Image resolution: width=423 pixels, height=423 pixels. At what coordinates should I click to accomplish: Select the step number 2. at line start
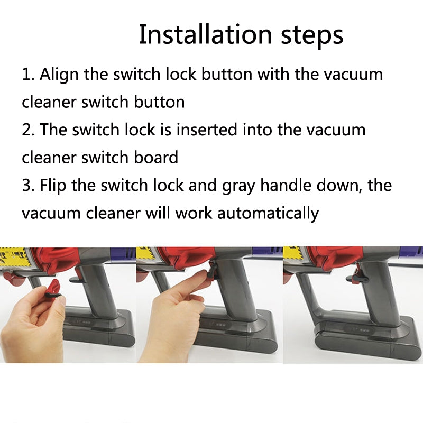click(x=28, y=130)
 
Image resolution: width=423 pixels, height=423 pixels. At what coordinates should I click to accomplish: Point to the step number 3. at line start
click(x=28, y=186)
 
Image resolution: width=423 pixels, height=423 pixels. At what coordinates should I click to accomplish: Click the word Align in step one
click(x=60, y=74)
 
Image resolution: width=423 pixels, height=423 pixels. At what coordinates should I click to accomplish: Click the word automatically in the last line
click(x=268, y=213)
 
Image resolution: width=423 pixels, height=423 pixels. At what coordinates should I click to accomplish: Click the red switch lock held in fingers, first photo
click(x=52, y=290)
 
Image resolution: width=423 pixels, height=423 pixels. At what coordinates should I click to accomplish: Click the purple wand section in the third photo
click(x=407, y=253)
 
